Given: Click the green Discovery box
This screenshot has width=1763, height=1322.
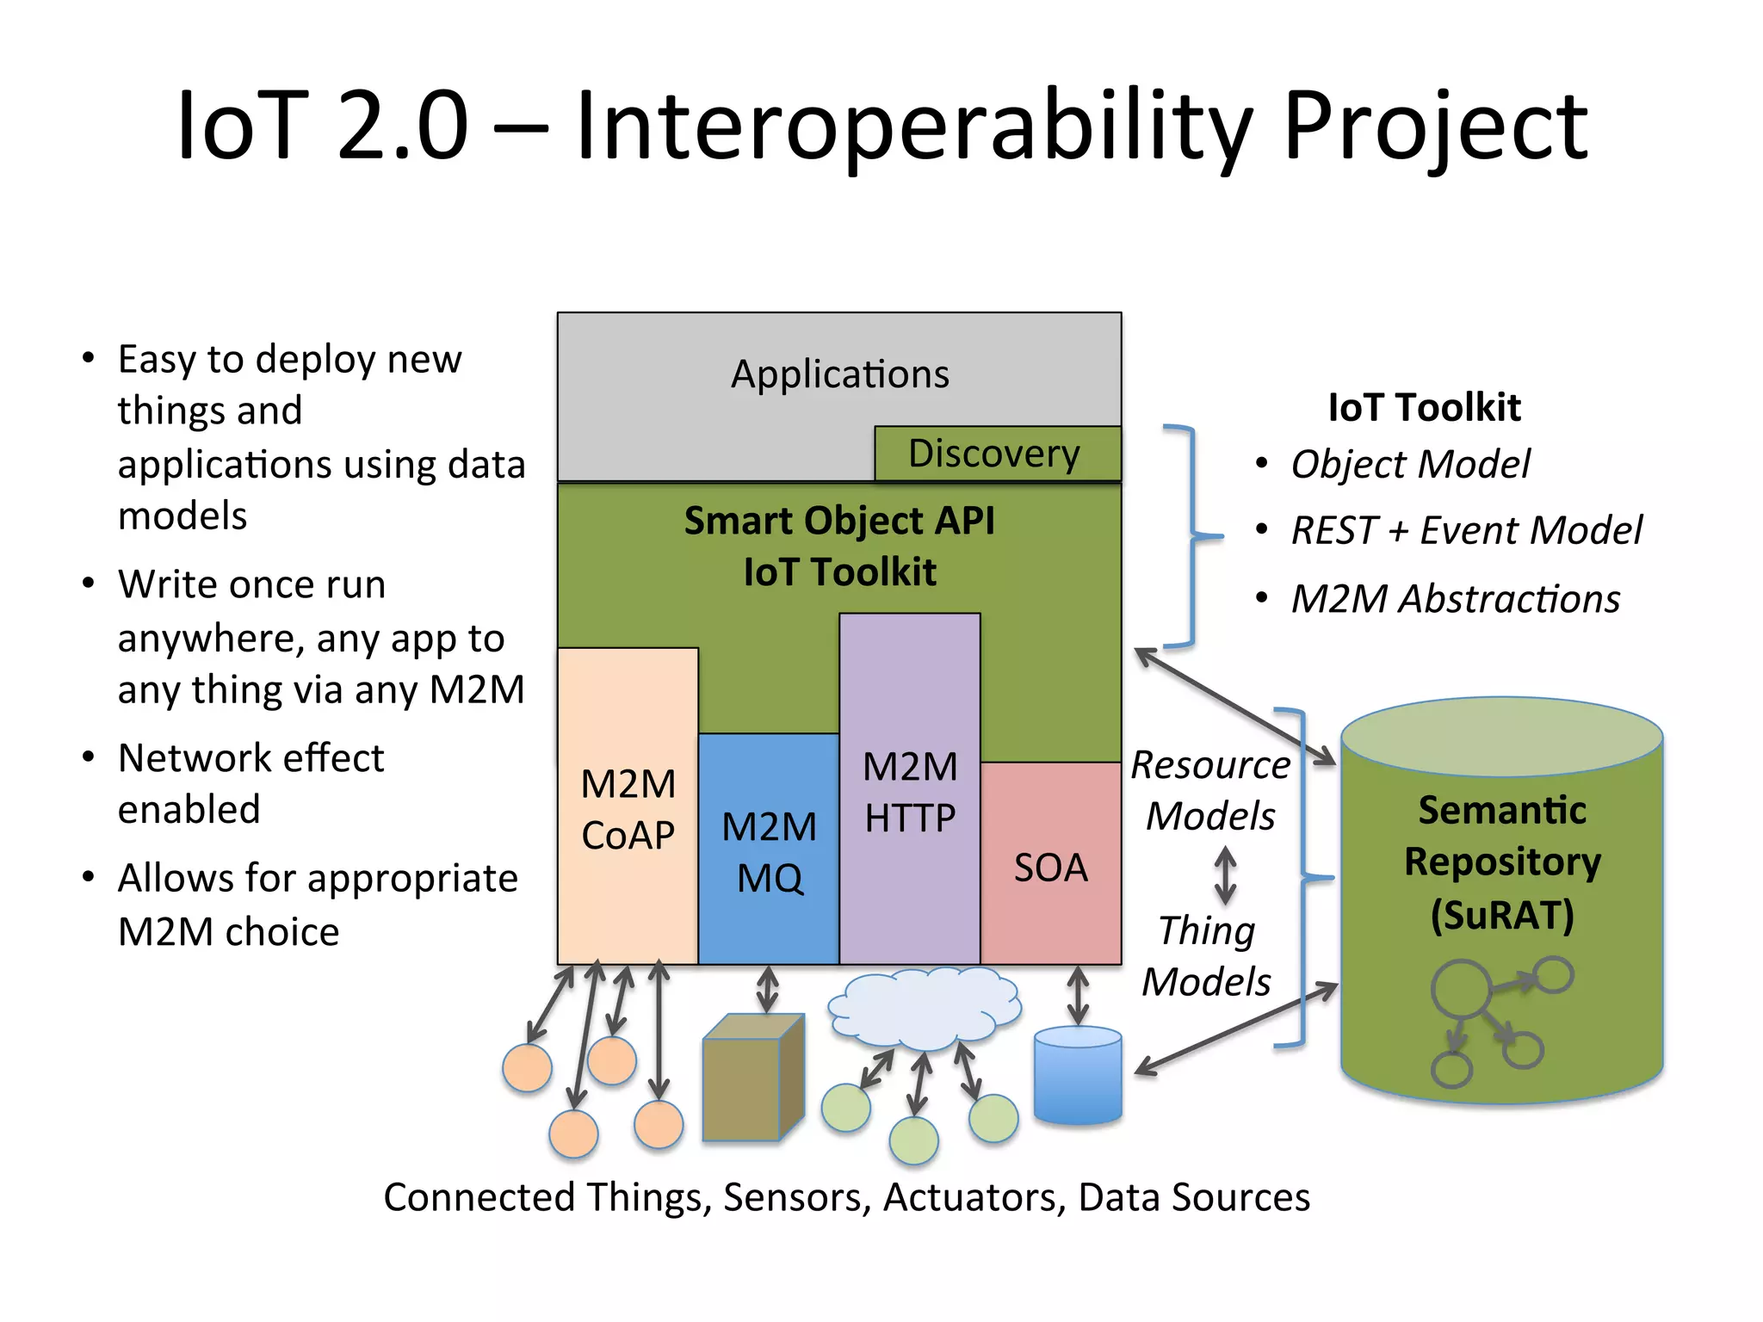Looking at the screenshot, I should (997, 454).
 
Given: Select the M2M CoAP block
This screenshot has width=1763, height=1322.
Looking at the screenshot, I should (628, 809).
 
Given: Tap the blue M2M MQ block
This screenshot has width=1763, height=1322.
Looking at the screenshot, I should (768, 851).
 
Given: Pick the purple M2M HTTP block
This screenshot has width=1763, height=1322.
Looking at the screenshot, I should (910, 792).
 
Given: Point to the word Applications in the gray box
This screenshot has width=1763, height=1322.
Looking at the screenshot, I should (839, 374).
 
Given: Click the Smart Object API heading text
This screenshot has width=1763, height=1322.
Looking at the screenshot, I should (839, 521).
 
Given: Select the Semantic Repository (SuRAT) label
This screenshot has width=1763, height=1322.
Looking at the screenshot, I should (1501, 862).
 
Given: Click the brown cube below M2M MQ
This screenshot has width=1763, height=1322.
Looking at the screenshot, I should (752, 1078).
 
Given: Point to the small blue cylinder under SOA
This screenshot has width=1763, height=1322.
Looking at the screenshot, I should (1077, 1076).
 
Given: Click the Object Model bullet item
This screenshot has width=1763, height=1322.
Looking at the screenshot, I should (1410, 465).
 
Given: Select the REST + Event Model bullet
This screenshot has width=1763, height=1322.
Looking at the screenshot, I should (1466, 530).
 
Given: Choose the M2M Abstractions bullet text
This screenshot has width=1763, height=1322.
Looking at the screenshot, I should (1455, 599).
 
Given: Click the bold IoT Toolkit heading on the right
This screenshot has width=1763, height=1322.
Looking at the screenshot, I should (1424, 407).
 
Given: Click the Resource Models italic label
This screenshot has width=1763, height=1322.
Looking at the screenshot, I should (1210, 790).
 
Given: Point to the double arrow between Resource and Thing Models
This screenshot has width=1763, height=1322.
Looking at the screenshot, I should (1225, 875).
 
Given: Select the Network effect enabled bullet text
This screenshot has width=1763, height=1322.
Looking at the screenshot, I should (251, 783).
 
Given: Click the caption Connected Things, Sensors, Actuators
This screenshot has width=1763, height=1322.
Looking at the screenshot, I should (846, 1197).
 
